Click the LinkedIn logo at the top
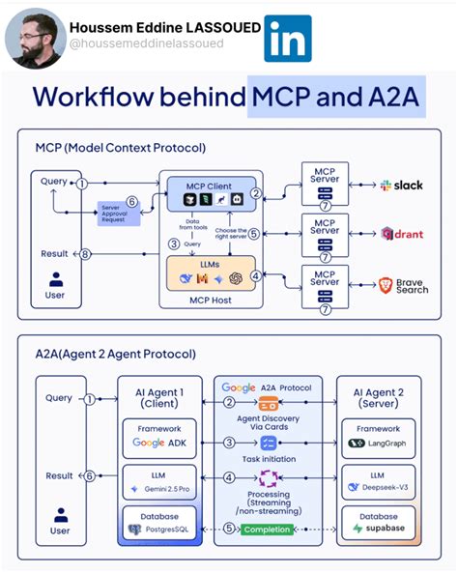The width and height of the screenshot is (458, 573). point(288,39)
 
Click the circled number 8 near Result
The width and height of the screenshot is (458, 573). point(84,254)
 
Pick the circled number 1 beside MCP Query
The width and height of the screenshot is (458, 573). point(83,183)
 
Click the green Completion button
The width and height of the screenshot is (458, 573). point(268,530)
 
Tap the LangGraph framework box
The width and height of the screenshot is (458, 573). point(379,437)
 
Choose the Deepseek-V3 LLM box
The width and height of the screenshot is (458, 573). point(379,482)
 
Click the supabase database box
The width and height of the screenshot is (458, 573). point(379,524)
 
